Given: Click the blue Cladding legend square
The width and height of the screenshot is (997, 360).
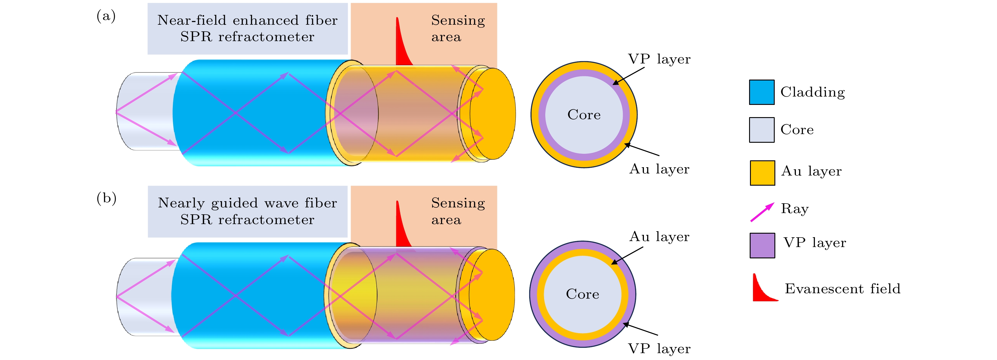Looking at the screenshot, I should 761,92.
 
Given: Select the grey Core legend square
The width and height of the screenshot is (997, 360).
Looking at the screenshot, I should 761,130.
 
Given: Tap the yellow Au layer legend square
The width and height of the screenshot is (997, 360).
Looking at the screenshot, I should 762,173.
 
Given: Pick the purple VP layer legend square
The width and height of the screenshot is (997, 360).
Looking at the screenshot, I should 762,245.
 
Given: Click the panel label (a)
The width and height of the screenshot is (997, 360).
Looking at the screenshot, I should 106,16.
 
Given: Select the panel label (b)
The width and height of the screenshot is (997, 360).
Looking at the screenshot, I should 106,198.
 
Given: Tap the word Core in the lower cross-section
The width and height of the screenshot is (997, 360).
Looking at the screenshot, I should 582,294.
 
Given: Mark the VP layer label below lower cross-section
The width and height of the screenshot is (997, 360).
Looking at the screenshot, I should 659,349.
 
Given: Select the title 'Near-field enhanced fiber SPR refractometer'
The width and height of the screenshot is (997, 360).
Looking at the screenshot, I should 247,28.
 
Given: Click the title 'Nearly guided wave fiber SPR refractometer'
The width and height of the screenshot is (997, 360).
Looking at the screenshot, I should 247,211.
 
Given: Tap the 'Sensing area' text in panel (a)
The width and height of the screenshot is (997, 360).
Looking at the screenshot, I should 457,28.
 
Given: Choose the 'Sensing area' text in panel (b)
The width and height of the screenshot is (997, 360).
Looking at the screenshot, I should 457,211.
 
